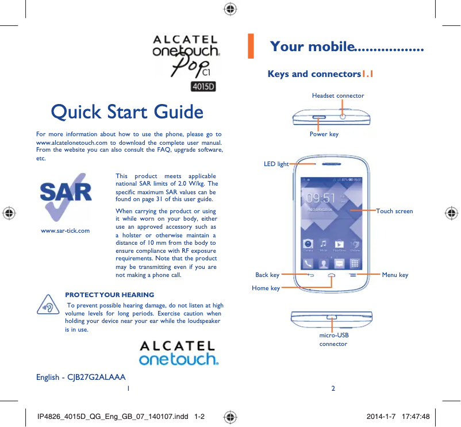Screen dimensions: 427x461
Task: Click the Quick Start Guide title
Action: [126, 112]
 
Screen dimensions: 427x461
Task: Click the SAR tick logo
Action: [65, 195]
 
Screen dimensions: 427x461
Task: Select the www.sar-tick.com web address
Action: [65, 230]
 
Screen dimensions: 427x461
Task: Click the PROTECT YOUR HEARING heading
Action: [109, 295]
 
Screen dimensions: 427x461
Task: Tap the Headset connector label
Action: [337, 95]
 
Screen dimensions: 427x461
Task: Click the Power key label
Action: [324, 134]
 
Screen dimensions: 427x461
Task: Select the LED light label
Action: [276, 164]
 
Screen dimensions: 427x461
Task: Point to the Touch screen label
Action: [394, 211]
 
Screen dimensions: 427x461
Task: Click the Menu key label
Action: [395, 275]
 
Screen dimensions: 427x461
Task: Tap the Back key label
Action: [267, 275]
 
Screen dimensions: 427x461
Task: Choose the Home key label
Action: [266, 288]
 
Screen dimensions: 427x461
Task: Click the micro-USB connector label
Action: [333, 339]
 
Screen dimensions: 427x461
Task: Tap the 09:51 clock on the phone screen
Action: [321, 198]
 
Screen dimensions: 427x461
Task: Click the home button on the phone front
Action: [332, 275]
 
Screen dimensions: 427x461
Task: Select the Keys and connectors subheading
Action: [314, 74]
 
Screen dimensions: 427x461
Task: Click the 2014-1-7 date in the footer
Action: [382, 415]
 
